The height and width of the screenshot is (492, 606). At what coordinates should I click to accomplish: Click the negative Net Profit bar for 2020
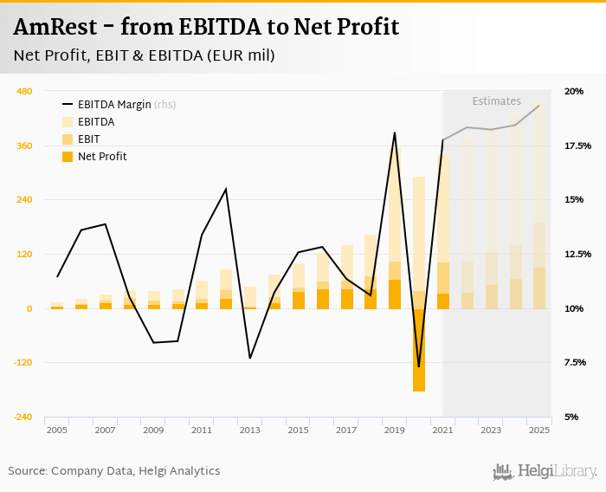point(419,350)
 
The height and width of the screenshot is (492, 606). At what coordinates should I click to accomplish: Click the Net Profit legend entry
point(101,157)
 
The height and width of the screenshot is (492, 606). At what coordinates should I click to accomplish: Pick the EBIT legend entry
point(88,139)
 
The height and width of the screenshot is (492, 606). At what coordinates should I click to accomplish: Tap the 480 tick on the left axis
point(24,91)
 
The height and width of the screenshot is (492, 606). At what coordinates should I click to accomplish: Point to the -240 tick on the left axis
point(23,417)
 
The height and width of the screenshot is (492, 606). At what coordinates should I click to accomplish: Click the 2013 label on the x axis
point(249,430)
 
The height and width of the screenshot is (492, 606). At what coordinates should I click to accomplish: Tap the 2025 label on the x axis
point(539,430)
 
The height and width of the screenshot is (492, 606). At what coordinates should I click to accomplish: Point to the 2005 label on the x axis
point(57,430)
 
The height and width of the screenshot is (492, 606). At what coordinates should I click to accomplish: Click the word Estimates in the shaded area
point(496,101)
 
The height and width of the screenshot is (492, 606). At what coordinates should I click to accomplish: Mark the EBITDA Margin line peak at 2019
point(395,133)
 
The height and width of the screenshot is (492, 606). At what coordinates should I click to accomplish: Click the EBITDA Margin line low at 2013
point(249,358)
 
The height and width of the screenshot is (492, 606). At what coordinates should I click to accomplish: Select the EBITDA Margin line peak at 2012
point(226,189)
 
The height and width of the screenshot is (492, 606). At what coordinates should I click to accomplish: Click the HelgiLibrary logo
point(545,471)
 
